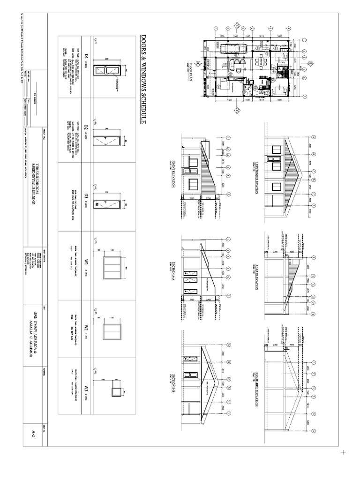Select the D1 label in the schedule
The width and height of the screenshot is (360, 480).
pos(86,58)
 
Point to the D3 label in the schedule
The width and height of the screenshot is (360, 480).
pos(86,196)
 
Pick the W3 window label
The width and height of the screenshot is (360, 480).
pos(86,388)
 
